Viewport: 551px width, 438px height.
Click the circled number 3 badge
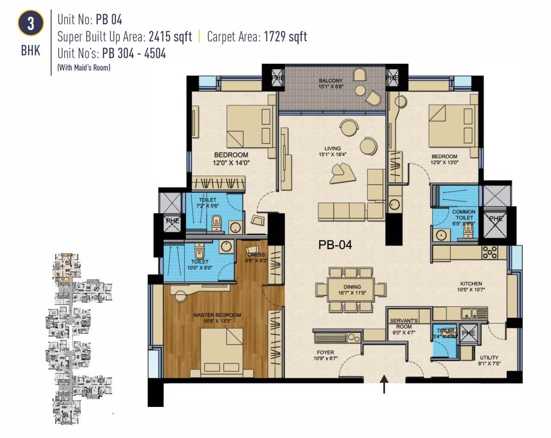coord(30,23)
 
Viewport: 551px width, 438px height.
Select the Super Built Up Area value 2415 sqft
coord(170,37)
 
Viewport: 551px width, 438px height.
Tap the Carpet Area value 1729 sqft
coord(285,37)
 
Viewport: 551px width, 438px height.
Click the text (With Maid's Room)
coord(84,67)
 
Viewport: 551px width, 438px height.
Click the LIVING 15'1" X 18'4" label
coord(332,151)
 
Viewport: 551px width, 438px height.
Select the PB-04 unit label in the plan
coord(335,244)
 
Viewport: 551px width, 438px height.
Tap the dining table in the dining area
coord(351,289)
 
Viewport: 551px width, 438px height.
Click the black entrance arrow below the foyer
coord(384,384)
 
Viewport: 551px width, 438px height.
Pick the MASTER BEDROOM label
coord(217,318)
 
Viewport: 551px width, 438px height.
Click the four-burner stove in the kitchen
coord(490,252)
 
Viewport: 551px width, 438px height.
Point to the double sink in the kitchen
coord(471,314)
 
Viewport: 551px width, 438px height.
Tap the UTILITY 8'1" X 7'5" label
coord(489,360)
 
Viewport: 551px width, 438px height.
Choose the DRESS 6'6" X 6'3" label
coord(256,258)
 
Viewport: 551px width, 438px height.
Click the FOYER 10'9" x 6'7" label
coord(325,355)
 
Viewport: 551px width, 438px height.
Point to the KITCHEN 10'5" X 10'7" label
coord(471,287)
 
